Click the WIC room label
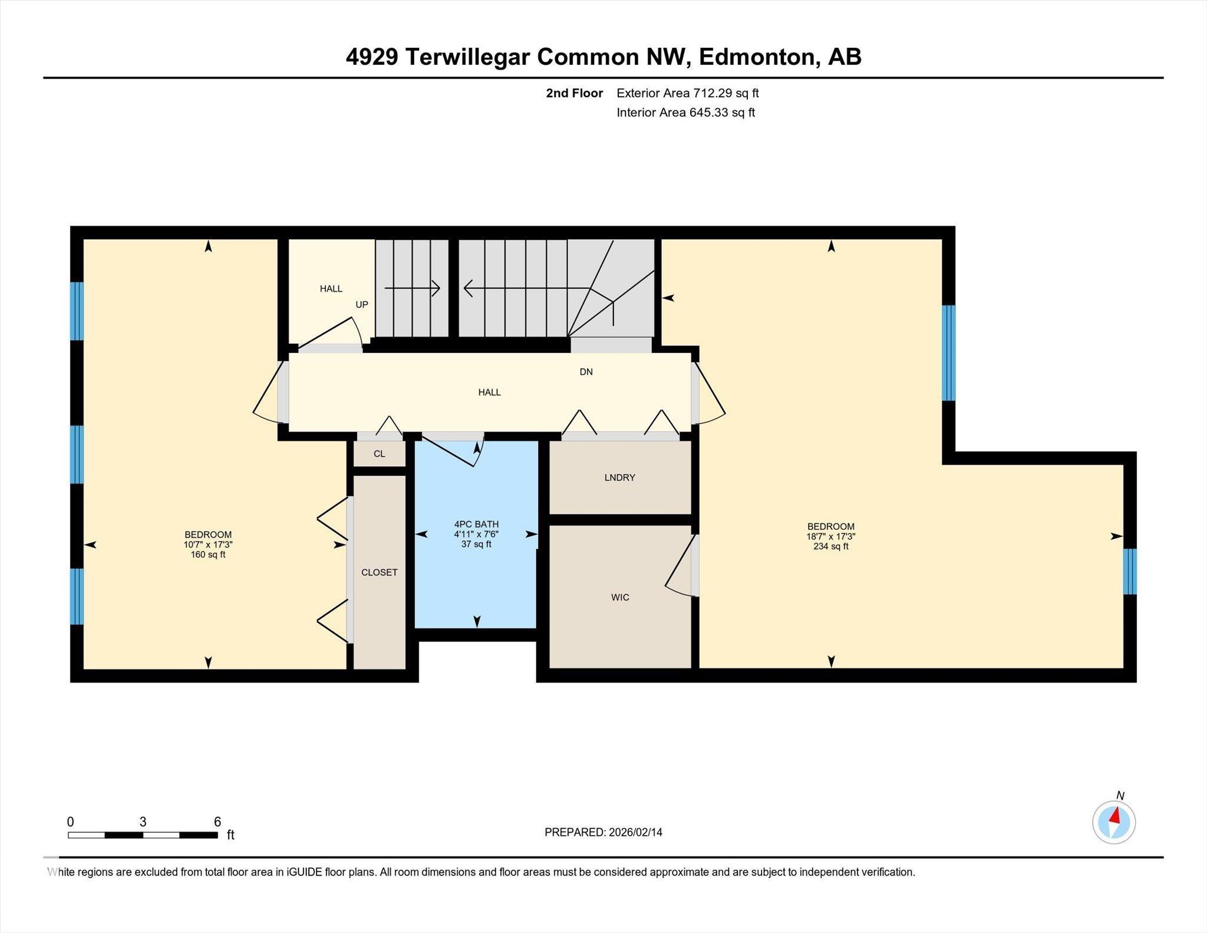620,597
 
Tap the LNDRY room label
619,477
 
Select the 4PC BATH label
476,524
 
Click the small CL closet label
379,454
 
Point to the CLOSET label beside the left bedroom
379,572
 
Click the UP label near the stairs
361,305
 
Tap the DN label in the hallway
586,372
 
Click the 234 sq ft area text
830,546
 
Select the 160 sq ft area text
207,555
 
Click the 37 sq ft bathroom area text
476,544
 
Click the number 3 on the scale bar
143,822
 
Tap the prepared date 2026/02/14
635,832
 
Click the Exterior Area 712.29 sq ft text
687,93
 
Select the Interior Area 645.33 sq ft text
685,113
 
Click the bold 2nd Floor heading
574,93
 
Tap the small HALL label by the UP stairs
331,289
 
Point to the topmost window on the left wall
77,311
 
